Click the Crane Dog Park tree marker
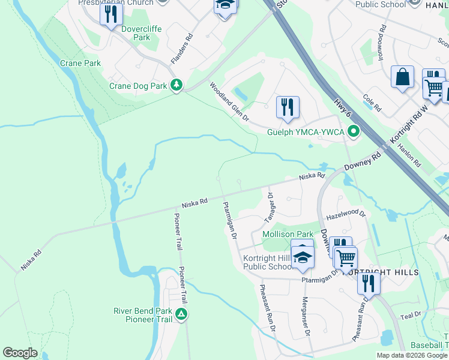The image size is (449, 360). click(x=176, y=86)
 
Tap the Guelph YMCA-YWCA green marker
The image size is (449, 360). click(x=354, y=131)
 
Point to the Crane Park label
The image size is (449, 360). click(x=80, y=63)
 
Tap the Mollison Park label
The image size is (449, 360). click(x=288, y=234)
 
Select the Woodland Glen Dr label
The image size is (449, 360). click(x=229, y=102)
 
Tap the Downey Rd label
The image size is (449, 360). click(x=363, y=163)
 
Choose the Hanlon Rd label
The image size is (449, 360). click(x=412, y=154)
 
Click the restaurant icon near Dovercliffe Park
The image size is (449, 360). click(x=110, y=14)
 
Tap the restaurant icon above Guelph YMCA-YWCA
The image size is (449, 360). click(x=288, y=107)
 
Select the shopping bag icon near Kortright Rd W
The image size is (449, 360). click(x=402, y=77)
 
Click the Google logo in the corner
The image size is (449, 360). click(x=20, y=353)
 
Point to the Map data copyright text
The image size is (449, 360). click(x=412, y=355)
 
